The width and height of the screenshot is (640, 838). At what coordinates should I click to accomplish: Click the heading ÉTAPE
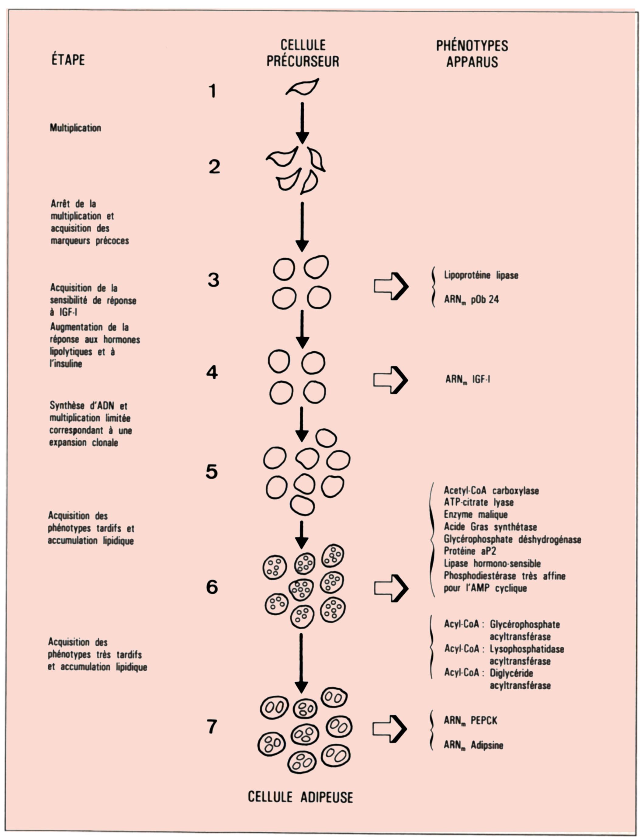tap(68, 60)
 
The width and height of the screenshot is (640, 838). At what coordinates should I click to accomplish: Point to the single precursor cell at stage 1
tap(303, 87)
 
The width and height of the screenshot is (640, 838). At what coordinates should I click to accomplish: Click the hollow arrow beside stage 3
tap(391, 286)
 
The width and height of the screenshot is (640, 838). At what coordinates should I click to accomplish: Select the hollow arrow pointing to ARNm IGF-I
tap(390, 380)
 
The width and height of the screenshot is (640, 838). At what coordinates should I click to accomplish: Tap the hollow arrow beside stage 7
tap(390, 728)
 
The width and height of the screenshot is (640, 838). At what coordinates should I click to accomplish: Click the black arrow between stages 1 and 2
tap(303, 123)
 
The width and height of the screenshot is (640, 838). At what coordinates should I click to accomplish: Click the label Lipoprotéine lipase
tap(481, 275)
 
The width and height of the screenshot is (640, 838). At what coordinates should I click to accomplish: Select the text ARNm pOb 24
tap(471, 300)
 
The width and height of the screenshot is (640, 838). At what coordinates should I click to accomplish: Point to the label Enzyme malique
tap(476, 514)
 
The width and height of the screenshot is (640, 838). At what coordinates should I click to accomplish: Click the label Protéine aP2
tap(470, 551)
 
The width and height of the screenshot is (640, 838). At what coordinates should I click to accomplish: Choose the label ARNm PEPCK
tap(470, 721)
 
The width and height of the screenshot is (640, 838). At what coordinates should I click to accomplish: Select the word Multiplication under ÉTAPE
tap(75, 128)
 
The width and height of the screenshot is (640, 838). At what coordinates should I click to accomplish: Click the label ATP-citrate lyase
tap(479, 502)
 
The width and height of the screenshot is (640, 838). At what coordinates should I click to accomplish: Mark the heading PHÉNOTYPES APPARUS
tap(472, 54)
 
